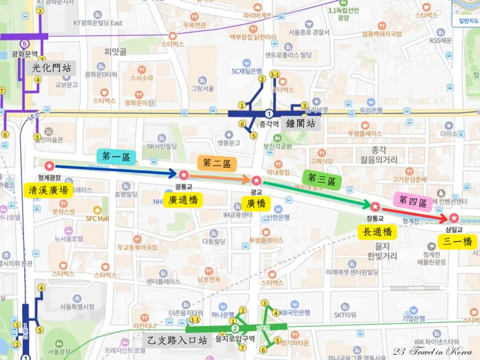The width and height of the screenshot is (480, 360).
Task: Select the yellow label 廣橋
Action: [x=256, y=203]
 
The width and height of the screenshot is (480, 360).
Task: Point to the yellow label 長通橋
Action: [x=377, y=232]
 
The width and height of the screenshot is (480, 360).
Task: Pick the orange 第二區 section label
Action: [x=216, y=163]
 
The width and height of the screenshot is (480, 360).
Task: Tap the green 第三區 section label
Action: [x=320, y=178]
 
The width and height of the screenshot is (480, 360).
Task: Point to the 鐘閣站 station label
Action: [x=303, y=123]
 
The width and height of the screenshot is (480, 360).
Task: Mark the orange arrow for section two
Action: [x=221, y=178]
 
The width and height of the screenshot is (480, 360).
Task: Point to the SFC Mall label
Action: [x=97, y=219]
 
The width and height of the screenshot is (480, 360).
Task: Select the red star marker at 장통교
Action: [x=375, y=206]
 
